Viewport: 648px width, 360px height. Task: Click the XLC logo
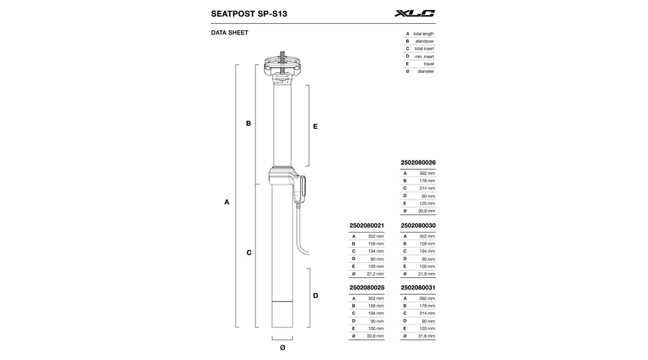pyautogui.click(x=415, y=13)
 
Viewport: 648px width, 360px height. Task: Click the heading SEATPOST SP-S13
pyautogui.click(x=249, y=14)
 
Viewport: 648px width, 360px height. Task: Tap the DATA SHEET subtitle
pyautogui.click(x=230, y=32)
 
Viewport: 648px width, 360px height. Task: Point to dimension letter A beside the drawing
pyautogui.click(x=227, y=202)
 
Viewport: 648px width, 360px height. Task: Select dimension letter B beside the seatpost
pyautogui.click(x=248, y=123)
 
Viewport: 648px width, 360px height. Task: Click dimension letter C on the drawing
pyautogui.click(x=249, y=253)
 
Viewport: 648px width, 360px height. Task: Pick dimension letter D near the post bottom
pyautogui.click(x=316, y=295)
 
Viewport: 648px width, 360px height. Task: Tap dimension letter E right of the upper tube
pyautogui.click(x=315, y=127)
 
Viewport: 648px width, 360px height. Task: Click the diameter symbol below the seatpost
pyautogui.click(x=283, y=348)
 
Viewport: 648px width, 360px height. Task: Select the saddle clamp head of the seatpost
pyautogui.click(x=282, y=66)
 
